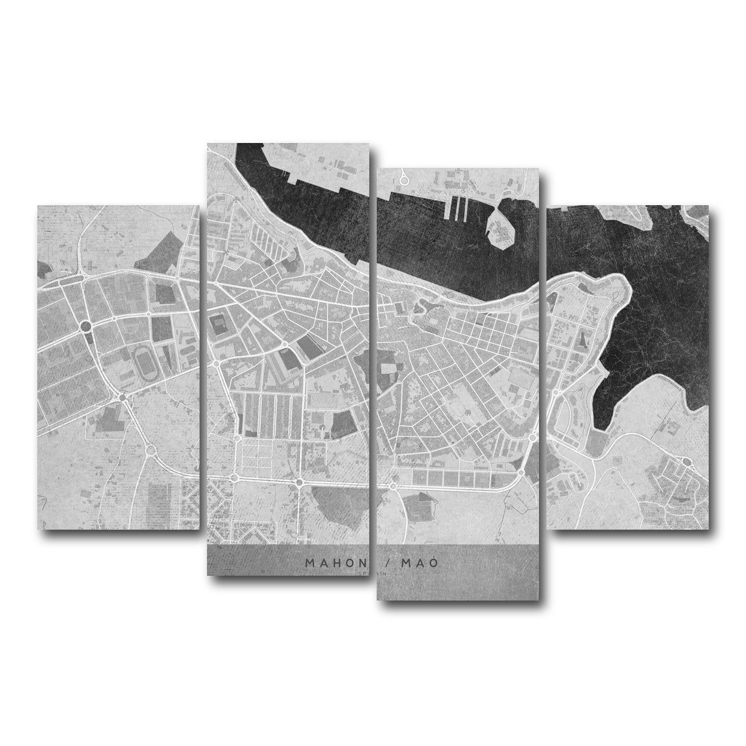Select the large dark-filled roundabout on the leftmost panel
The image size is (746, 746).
point(86,325)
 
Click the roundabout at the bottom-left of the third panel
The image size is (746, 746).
point(393,484)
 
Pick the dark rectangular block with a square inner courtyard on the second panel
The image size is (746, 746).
point(219,325)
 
